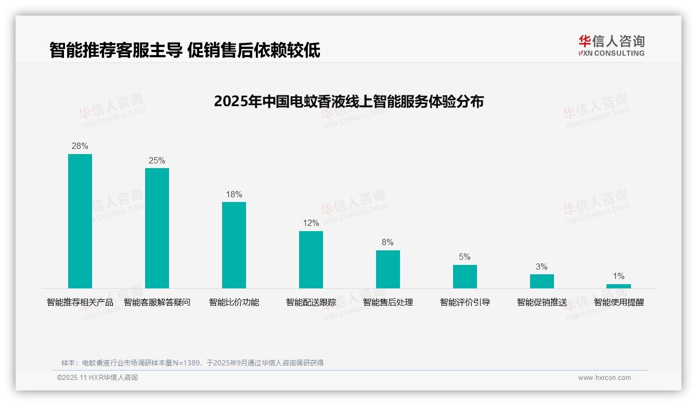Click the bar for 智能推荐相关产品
pos(80,221)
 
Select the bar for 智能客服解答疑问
pos(157,228)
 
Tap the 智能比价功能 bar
pos(234,245)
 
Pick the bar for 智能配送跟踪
pos(311,260)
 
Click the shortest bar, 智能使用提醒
pos(618,286)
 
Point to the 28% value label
pos(80,146)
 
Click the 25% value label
pos(157,160)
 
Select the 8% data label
pos(388,243)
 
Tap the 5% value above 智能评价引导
pos(464,257)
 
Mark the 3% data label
pos(541,267)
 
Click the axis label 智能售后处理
pos(388,302)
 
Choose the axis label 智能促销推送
pos(542,302)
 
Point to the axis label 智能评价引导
pos(465,302)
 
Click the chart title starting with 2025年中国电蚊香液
pos(348,101)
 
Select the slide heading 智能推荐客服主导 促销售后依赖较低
pos(185,50)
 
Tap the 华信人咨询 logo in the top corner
pos(611,45)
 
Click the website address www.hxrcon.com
pos(604,378)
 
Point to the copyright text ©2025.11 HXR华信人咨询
pos(97,378)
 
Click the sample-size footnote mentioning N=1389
pos(192,363)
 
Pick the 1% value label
pos(618,276)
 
